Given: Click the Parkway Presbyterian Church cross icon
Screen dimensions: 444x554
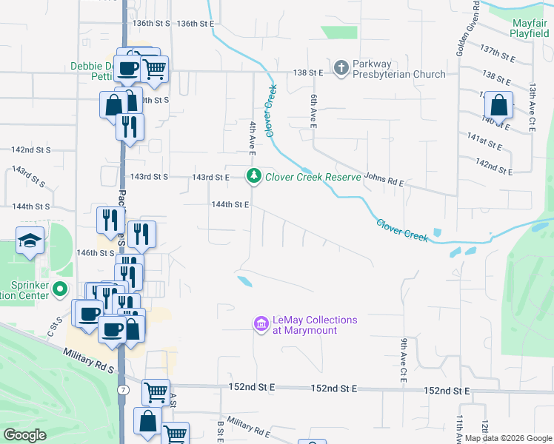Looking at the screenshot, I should (x=341, y=68).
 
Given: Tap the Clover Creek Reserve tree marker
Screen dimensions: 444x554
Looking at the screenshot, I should (x=254, y=176).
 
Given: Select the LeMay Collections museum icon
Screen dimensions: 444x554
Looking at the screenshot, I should (x=261, y=324).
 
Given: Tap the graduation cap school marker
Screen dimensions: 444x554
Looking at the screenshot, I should (x=30, y=240).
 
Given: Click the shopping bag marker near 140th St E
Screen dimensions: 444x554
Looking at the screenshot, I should (x=500, y=106).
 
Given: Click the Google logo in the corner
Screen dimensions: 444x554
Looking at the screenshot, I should (x=25, y=435).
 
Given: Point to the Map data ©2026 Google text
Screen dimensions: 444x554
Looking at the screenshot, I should (x=507, y=438).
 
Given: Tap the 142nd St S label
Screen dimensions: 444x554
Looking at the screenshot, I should (x=30, y=149).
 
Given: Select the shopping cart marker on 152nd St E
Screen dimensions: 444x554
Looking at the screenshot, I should (x=156, y=391).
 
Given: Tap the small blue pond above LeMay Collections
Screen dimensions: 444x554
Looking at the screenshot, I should (x=244, y=280).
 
